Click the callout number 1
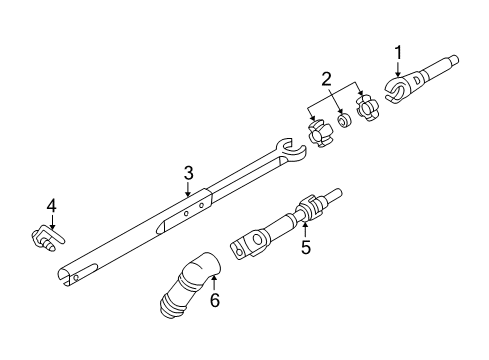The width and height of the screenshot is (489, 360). pos(397,52)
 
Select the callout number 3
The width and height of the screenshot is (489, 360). pos(187,173)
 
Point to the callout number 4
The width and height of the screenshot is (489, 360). pos(52,208)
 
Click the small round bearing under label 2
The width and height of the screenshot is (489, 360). pos(342,120)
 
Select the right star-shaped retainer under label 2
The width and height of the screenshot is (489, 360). pos(366,109)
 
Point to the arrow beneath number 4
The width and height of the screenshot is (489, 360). pos(52,222)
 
